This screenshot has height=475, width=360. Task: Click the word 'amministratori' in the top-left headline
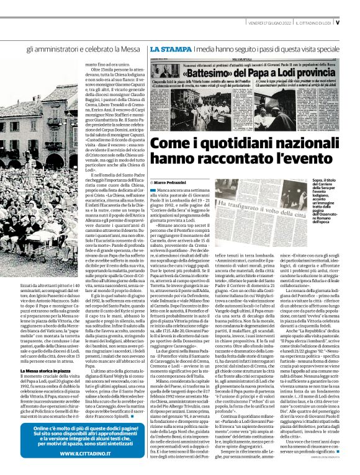[x=54, y=48]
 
